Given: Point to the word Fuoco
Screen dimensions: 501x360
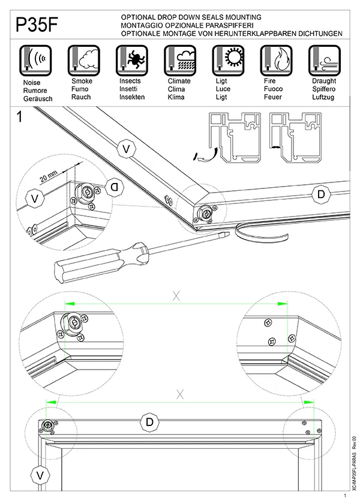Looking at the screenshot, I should (273, 89).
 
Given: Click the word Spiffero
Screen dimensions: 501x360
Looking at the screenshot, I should (323, 89).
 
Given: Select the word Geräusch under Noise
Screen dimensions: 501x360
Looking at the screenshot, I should (37, 97).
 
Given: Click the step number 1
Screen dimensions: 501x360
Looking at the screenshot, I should (20, 117).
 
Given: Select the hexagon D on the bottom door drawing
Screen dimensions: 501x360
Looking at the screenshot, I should (149, 422).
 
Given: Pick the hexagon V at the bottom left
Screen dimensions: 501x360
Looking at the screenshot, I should (40, 476).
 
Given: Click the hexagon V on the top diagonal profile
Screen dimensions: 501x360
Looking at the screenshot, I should (125, 148).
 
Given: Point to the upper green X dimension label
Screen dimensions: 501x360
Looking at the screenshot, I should (176, 295).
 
